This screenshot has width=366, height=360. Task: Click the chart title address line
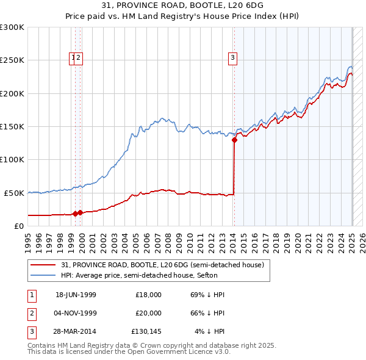[183, 6]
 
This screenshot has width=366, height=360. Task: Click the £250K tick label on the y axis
[12, 60]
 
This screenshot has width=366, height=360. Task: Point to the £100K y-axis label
[12, 159]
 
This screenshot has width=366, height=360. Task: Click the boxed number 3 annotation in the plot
[232, 59]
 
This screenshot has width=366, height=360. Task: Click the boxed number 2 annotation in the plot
[79, 59]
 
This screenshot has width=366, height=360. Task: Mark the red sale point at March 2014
[234, 140]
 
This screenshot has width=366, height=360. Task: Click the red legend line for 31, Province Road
[43, 265]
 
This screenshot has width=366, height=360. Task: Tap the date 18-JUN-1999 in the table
[76, 295]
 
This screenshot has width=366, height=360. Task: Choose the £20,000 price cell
[148, 313]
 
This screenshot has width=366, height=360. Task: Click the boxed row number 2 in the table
[30, 313]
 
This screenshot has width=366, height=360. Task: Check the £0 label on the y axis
[19, 226]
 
